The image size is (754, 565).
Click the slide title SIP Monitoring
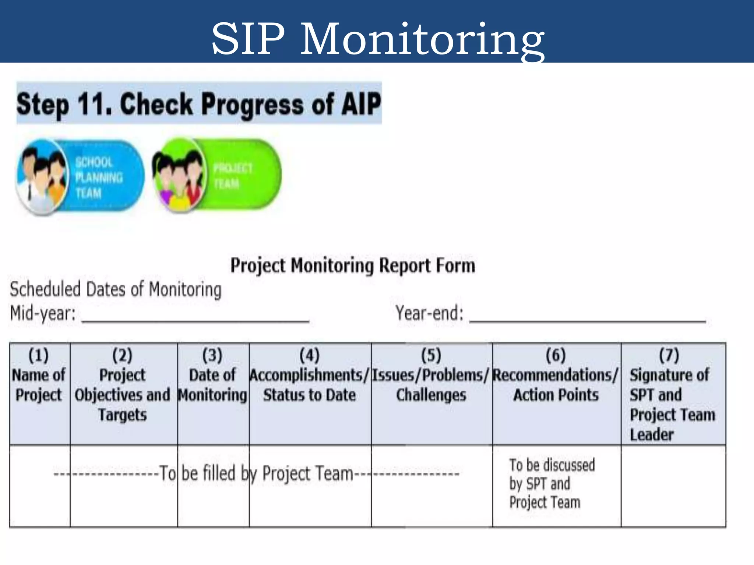coord(377,39)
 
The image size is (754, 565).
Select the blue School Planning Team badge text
coord(98,178)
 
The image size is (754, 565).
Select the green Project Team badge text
coord(232,176)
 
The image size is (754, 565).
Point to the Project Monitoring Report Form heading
coord(352,265)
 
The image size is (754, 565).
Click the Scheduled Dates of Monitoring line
coord(115,289)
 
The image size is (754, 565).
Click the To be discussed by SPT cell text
coord(551,483)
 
